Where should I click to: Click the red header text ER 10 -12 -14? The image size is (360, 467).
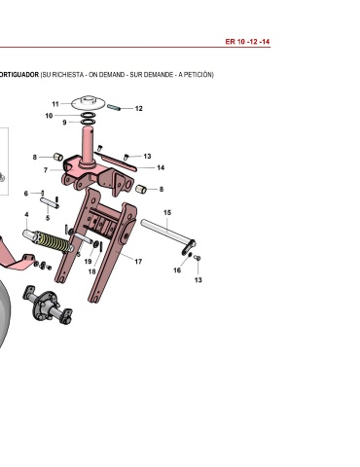[247, 42]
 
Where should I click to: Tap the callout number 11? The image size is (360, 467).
[55, 104]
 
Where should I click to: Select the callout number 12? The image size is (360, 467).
[139, 109]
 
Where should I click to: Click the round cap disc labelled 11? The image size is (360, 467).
[88, 102]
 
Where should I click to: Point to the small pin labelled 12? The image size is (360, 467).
[114, 107]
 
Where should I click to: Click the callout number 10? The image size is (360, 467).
[49, 116]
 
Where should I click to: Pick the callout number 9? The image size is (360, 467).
[64, 123]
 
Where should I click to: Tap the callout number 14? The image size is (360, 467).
[161, 167]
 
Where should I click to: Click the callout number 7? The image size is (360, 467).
[46, 170]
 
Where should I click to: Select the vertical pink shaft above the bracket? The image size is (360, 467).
[88, 144]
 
